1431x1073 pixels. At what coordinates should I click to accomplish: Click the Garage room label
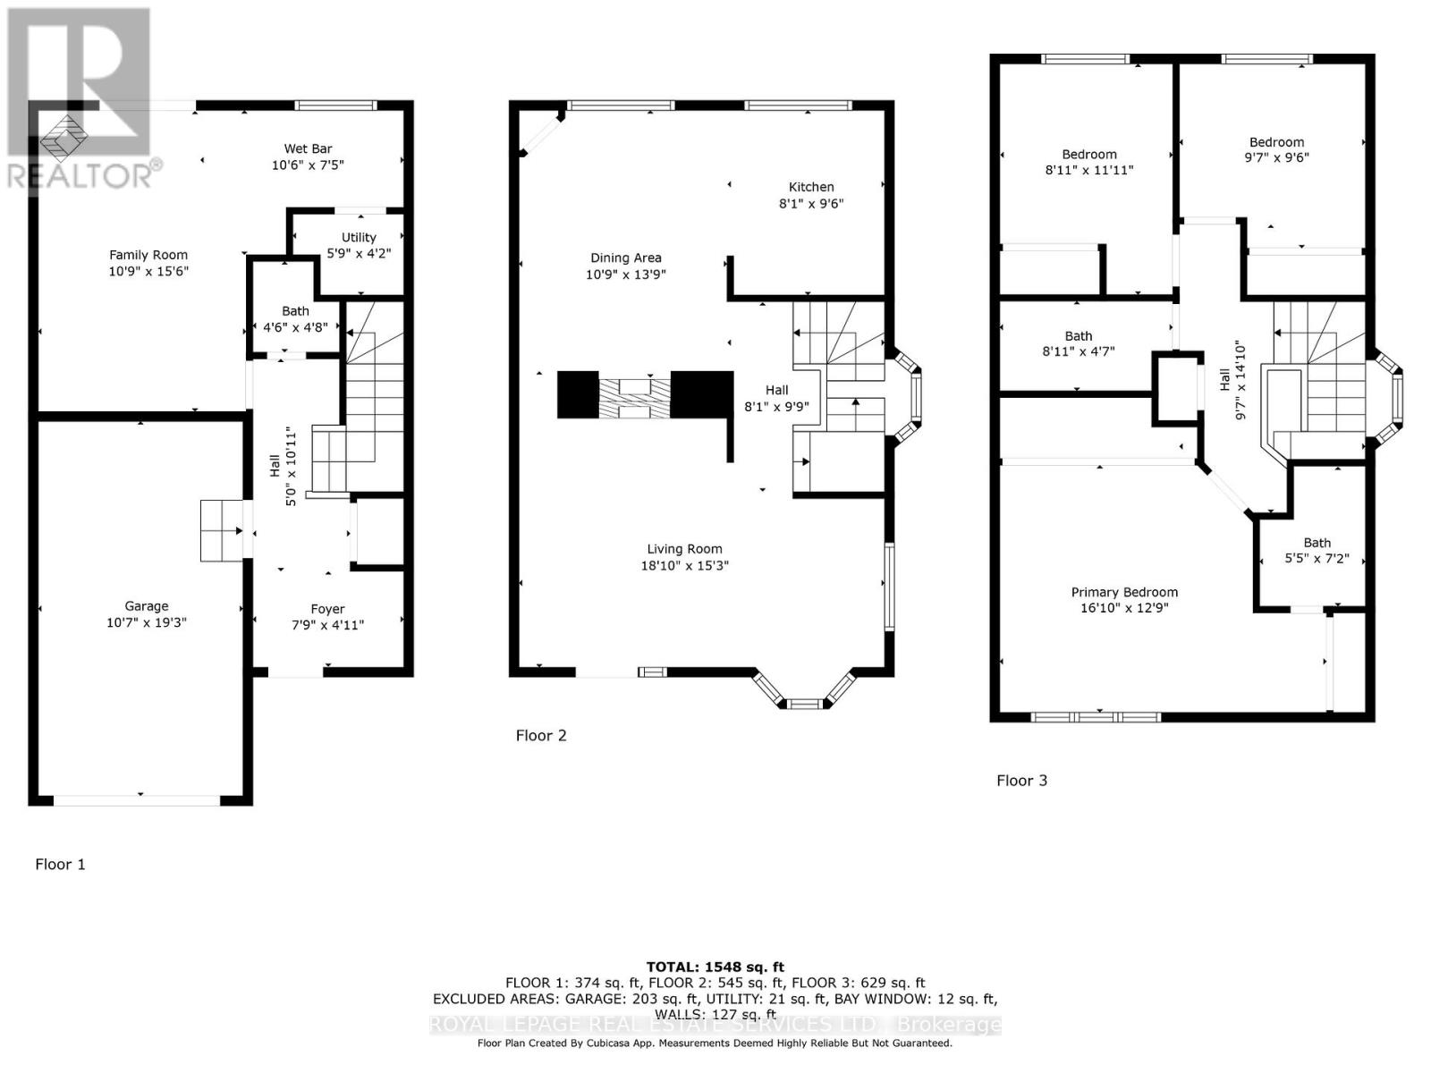click(x=146, y=606)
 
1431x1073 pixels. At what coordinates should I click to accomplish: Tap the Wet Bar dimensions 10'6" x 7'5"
click(x=308, y=165)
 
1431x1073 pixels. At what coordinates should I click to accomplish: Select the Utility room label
click(x=359, y=237)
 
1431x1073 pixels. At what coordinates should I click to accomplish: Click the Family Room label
click(x=148, y=255)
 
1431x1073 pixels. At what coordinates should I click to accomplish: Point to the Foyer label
click(x=327, y=609)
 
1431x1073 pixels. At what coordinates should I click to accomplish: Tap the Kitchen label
click(x=811, y=187)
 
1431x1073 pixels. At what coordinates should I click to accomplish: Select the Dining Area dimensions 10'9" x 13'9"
click(x=625, y=275)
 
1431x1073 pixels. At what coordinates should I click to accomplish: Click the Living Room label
click(x=684, y=549)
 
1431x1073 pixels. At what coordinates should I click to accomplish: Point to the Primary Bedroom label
click(x=1124, y=592)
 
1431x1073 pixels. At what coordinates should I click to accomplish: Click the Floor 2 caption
click(x=541, y=735)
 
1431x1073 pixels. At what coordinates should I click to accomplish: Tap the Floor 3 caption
click(x=1021, y=781)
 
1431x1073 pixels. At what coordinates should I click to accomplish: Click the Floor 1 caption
click(x=60, y=864)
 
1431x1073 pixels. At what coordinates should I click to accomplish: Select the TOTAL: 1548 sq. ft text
click(x=715, y=967)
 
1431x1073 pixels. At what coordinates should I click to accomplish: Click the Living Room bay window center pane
click(x=805, y=705)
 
